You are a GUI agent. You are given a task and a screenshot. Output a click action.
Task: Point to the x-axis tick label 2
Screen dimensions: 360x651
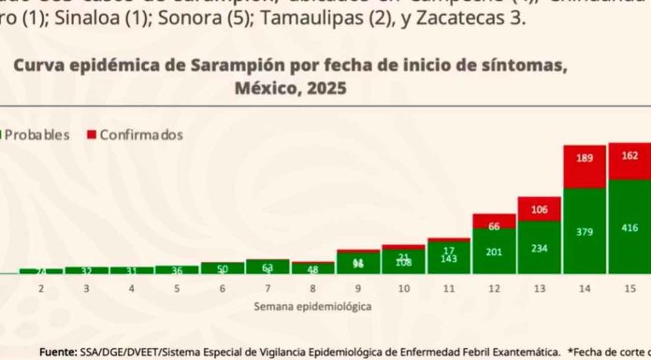click(x=41, y=290)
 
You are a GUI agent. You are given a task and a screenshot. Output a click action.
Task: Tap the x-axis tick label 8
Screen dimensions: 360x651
click(x=313, y=290)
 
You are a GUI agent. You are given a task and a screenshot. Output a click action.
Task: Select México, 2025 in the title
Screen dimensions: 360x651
click(x=288, y=89)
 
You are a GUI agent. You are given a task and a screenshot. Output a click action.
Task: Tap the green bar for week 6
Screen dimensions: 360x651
click(x=223, y=268)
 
